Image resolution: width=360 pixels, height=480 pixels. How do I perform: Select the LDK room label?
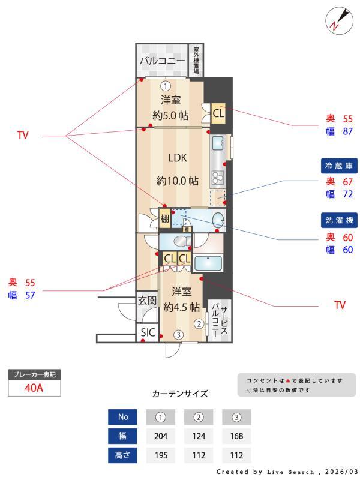(x=178, y=158)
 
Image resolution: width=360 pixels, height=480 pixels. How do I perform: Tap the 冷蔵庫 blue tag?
(x=338, y=166)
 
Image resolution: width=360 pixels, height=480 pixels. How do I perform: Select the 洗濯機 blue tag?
(x=338, y=220)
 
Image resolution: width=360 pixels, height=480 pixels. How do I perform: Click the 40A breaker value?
(x=34, y=388)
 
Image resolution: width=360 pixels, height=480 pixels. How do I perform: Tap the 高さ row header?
(x=123, y=455)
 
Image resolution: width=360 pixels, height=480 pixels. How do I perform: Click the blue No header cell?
(x=123, y=417)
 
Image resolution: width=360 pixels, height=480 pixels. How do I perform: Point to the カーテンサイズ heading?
(x=180, y=394)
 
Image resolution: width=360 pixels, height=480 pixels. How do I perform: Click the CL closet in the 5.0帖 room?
(x=218, y=113)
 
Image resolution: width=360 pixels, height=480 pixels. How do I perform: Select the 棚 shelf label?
(x=164, y=219)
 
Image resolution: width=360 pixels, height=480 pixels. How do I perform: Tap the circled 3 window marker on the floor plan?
(x=178, y=335)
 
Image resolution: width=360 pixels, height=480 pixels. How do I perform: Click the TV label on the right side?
(x=340, y=305)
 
